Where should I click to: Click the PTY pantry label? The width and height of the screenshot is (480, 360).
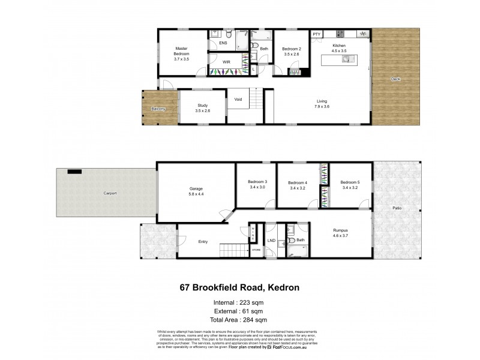click(317, 34)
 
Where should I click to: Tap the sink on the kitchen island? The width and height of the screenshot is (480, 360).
click(346, 59)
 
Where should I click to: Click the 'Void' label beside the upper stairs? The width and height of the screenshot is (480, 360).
click(238, 100)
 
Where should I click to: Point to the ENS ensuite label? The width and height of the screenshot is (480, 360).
click(223, 43)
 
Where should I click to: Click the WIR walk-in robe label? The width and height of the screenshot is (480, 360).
click(227, 62)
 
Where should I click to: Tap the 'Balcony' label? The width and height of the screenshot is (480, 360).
click(158, 109)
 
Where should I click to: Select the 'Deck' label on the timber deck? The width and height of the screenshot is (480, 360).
click(395, 79)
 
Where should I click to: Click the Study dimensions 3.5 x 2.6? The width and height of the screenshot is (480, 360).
click(203, 111)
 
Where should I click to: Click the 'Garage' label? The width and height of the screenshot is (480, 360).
click(196, 189)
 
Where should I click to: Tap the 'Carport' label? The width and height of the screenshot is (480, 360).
click(109, 193)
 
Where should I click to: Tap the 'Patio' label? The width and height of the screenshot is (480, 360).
click(397, 208)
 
